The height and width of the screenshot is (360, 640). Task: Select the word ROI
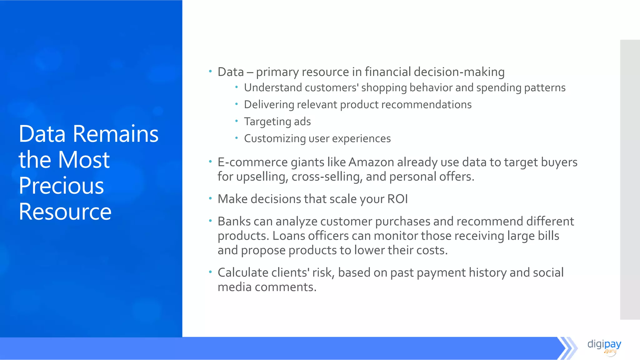pos(397,199)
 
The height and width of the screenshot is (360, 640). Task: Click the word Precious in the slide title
pos(61,186)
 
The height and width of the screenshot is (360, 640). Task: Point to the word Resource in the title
pos(65,212)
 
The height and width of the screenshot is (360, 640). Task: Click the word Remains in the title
pos(116,134)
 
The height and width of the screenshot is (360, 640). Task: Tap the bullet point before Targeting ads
pos(237,121)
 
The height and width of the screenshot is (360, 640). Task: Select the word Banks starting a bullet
pos(234,222)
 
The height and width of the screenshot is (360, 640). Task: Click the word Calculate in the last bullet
pos(243,273)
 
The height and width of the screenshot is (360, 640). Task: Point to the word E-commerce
pos(252,162)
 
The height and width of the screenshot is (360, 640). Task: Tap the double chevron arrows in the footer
pos(567,348)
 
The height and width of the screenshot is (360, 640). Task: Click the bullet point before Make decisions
pos(210,198)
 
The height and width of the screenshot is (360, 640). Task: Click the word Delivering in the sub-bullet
pos(269,105)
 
